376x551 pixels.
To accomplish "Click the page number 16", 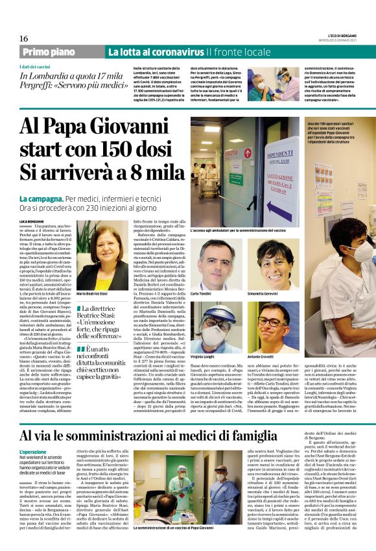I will click(23, 39).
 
